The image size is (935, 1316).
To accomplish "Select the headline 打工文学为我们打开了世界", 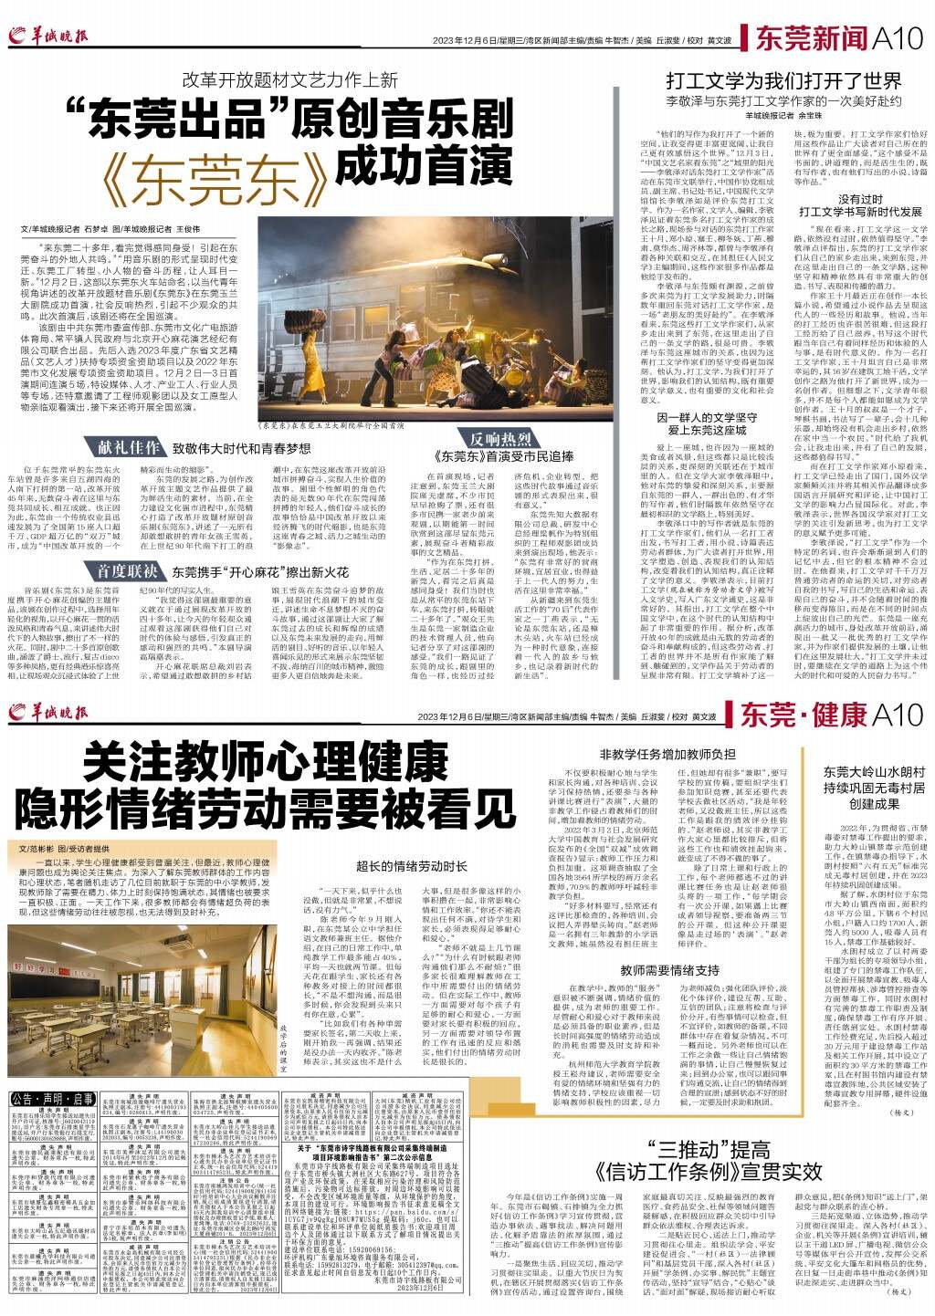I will click(x=771, y=78).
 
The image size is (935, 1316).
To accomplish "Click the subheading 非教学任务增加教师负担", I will click(x=667, y=754).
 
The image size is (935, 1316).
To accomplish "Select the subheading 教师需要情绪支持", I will click(x=670, y=995).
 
